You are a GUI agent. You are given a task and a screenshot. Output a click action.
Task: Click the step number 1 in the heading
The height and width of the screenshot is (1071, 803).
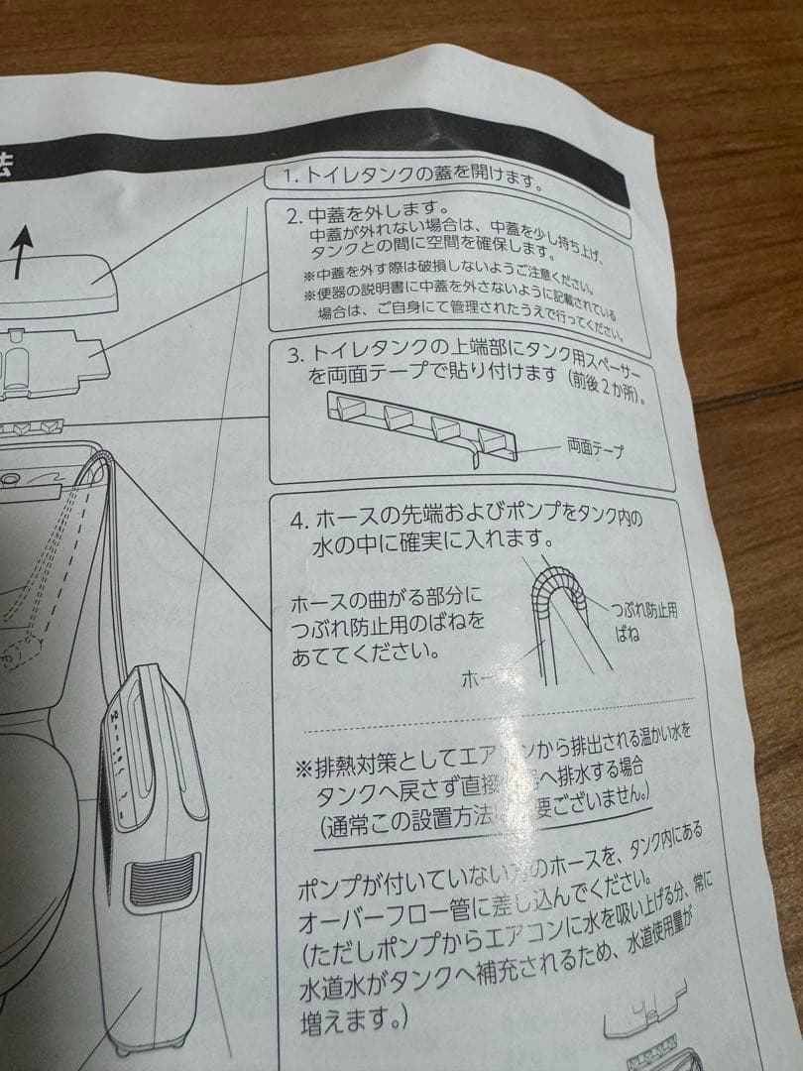(x=290, y=175)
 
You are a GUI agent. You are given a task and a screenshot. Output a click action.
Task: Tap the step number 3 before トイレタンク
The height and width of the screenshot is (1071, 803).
(x=291, y=354)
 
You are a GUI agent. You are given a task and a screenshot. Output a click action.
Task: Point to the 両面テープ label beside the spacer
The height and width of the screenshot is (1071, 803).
(x=595, y=448)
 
